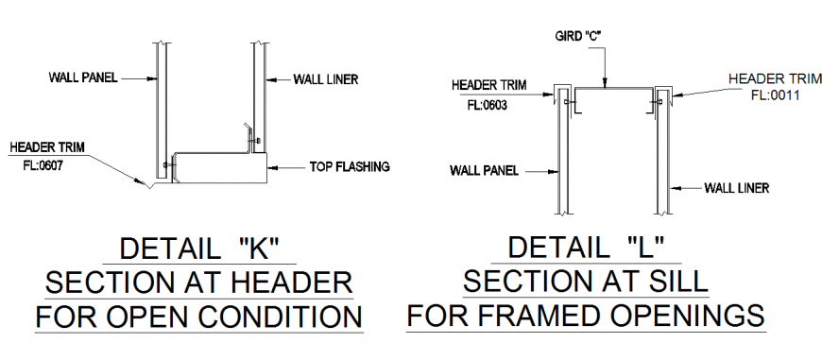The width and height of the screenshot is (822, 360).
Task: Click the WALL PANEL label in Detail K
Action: pos(82,78)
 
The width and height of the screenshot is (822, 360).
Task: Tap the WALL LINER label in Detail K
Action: pos(325,79)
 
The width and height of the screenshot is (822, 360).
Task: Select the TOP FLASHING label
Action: pos(350,167)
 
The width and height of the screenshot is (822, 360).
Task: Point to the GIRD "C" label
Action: pos(579,35)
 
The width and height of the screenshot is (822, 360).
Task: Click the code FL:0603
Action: pos(487,106)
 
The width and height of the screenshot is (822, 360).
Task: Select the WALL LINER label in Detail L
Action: pos(737,187)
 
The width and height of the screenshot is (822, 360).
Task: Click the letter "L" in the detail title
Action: pos(645,249)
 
